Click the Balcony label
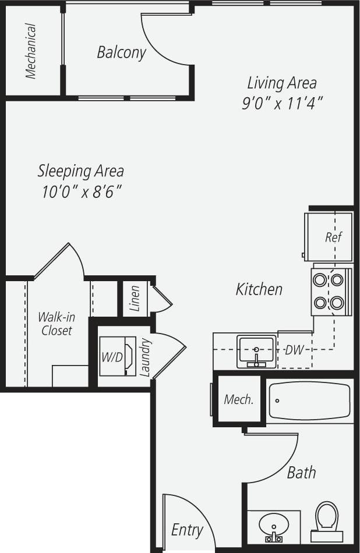click(x=121, y=52)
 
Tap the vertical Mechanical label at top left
click(x=31, y=51)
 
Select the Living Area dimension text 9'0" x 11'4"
click(x=283, y=102)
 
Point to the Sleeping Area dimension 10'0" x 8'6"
click(x=81, y=192)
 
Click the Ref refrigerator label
click(x=333, y=237)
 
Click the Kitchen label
click(x=259, y=289)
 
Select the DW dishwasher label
click(x=294, y=350)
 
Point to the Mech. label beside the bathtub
click(x=239, y=400)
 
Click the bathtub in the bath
click(x=309, y=400)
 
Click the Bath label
click(x=301, y=472)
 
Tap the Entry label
click(x=187, y=530)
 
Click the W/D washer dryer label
click(x=112, y=357)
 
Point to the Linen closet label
click(x=135, y=299)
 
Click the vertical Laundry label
click(x=146, y=357)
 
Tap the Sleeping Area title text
click(x=80, y=171)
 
